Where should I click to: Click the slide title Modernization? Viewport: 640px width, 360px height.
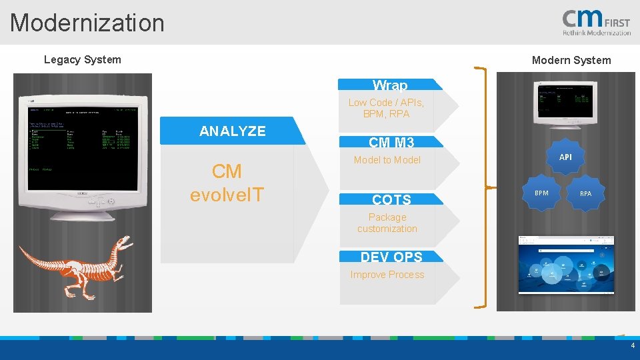click(87, 23)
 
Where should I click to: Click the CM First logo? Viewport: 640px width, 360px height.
click(596, 23)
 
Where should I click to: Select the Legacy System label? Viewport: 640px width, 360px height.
click(83, 59)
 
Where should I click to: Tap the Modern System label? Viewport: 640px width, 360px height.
click(571, 60)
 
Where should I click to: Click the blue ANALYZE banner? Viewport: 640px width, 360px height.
click(233, 131)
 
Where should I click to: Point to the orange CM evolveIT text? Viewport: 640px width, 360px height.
click(227, 183)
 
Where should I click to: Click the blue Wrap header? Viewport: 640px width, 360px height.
click(390, 85)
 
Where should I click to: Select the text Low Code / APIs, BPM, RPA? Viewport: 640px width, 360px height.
click(386, 108)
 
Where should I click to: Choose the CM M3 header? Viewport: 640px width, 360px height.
click(391, 142)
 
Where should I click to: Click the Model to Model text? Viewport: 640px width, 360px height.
click(387, 160)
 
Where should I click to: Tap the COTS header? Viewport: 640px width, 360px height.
click(391, 199)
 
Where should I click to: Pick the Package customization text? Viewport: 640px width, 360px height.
click(387, 223)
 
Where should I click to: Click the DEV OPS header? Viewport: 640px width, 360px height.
click(391, 257)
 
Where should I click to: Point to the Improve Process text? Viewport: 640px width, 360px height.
click(387, 275)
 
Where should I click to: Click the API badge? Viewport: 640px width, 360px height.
click(565, 157)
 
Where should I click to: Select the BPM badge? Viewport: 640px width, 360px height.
click(542, 193)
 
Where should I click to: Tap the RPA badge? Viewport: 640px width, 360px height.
click(585, 193)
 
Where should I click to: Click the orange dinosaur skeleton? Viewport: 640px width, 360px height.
click(77, 263)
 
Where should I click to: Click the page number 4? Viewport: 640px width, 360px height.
click(633, 346)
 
